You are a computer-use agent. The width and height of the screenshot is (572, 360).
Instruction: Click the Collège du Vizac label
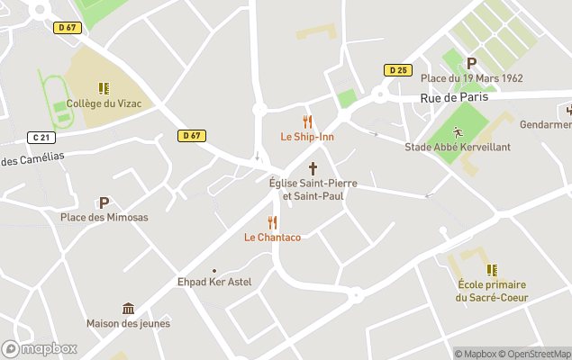tap(104, 103)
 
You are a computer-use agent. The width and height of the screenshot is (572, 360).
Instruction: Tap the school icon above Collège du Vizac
tap(104, 88)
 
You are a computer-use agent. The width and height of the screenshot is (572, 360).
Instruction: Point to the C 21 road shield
tap(40, 138)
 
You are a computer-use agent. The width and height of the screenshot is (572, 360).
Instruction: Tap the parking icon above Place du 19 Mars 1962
tap(471, 63)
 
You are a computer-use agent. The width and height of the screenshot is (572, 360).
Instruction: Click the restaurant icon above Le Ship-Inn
tap(307, 121)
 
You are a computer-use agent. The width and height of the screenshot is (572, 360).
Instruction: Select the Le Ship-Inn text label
tap(307, 137)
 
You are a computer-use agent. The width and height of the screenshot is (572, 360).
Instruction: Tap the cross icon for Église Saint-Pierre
tap(313, 167)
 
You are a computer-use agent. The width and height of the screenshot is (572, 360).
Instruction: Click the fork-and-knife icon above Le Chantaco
tap(272, 222)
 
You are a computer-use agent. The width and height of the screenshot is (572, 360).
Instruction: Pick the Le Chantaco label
tap(272, 238)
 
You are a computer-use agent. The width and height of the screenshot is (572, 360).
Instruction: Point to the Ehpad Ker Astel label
tap(214, 283)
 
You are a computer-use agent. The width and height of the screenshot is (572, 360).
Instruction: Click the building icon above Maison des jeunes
tap(128, 309)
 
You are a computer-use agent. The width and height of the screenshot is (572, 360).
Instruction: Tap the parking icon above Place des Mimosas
tap(104, 202)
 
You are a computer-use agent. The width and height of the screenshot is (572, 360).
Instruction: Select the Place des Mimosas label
tap(104, 218)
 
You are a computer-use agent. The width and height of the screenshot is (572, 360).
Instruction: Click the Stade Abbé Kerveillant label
tap(457, 147)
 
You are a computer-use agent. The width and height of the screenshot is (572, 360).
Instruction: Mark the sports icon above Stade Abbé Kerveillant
tap(457, 131)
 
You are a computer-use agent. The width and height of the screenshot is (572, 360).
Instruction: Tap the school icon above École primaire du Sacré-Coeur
tap(492, 269)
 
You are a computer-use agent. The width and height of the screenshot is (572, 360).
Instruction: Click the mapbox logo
tap(40, 348)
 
